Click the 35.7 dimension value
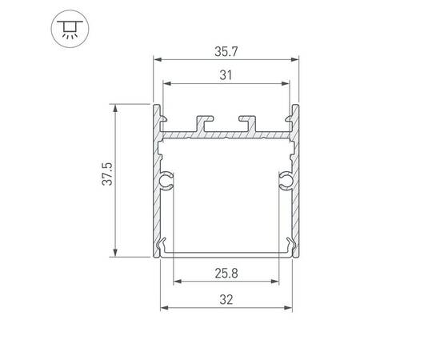pos(226,52)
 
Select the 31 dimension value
pos(226,75)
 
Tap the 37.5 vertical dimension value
pos(107,174)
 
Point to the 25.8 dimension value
pos(226,274)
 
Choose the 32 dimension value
pos(226,300)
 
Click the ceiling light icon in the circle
pos(70,29)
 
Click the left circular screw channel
pos(166,180)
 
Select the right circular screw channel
pos(286,180)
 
